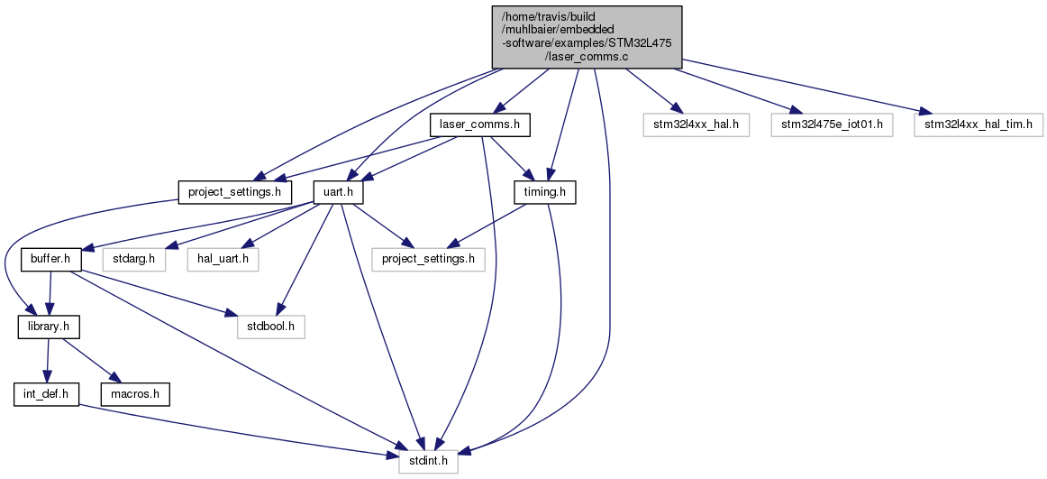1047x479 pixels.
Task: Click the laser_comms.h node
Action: click(479, 124)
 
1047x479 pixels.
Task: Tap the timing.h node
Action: click(544, 192)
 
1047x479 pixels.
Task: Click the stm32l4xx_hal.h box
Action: click(696, 124)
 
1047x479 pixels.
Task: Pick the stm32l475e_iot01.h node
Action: click(832, 124)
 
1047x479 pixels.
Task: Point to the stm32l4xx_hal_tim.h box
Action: click(979, 124)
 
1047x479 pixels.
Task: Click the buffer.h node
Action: click(51, 260)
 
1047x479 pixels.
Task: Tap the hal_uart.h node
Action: click(223, 260)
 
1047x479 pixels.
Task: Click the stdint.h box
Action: click(429, 462)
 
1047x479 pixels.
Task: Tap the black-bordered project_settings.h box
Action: click(235, 192)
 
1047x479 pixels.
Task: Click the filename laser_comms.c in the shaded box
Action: click(587, 56)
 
